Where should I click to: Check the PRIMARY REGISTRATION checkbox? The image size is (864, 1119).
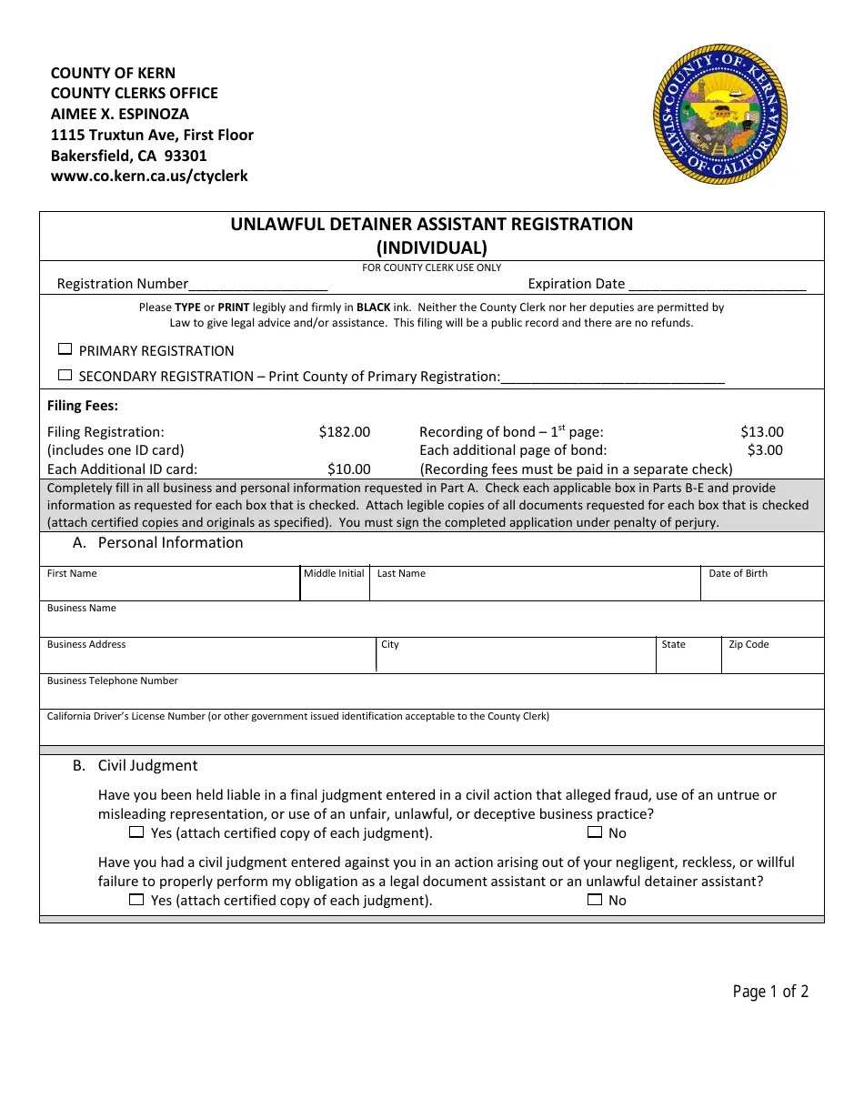(x=65, y=349)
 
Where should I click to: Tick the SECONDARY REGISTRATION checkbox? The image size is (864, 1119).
(x=65, y=375)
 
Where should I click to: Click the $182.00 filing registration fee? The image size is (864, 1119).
(x=344, y=432)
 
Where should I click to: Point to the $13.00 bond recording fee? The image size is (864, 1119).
(x=761, y=432)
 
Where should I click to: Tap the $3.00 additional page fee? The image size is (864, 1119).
(x=765, y=450)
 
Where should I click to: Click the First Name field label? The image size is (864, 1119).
(x=72, y=574)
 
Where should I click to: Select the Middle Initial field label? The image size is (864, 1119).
(x=334, y=574)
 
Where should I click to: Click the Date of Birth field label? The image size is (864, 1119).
(x=738, y=574)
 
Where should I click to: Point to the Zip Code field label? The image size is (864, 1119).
(x=748, y=645)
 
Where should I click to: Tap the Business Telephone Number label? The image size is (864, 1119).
(x=113, y=681)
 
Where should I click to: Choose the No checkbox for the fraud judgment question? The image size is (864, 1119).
(x=595, y=832)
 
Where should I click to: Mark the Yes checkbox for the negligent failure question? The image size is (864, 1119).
(x=136, y=900)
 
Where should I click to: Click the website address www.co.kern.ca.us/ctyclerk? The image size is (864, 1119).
(x=149, y=176)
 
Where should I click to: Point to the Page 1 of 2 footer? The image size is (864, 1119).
(x=770, y=992)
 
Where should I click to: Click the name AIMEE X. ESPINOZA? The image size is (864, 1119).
(x=120, y=114)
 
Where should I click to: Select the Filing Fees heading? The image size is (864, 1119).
(x=83, y=407)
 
